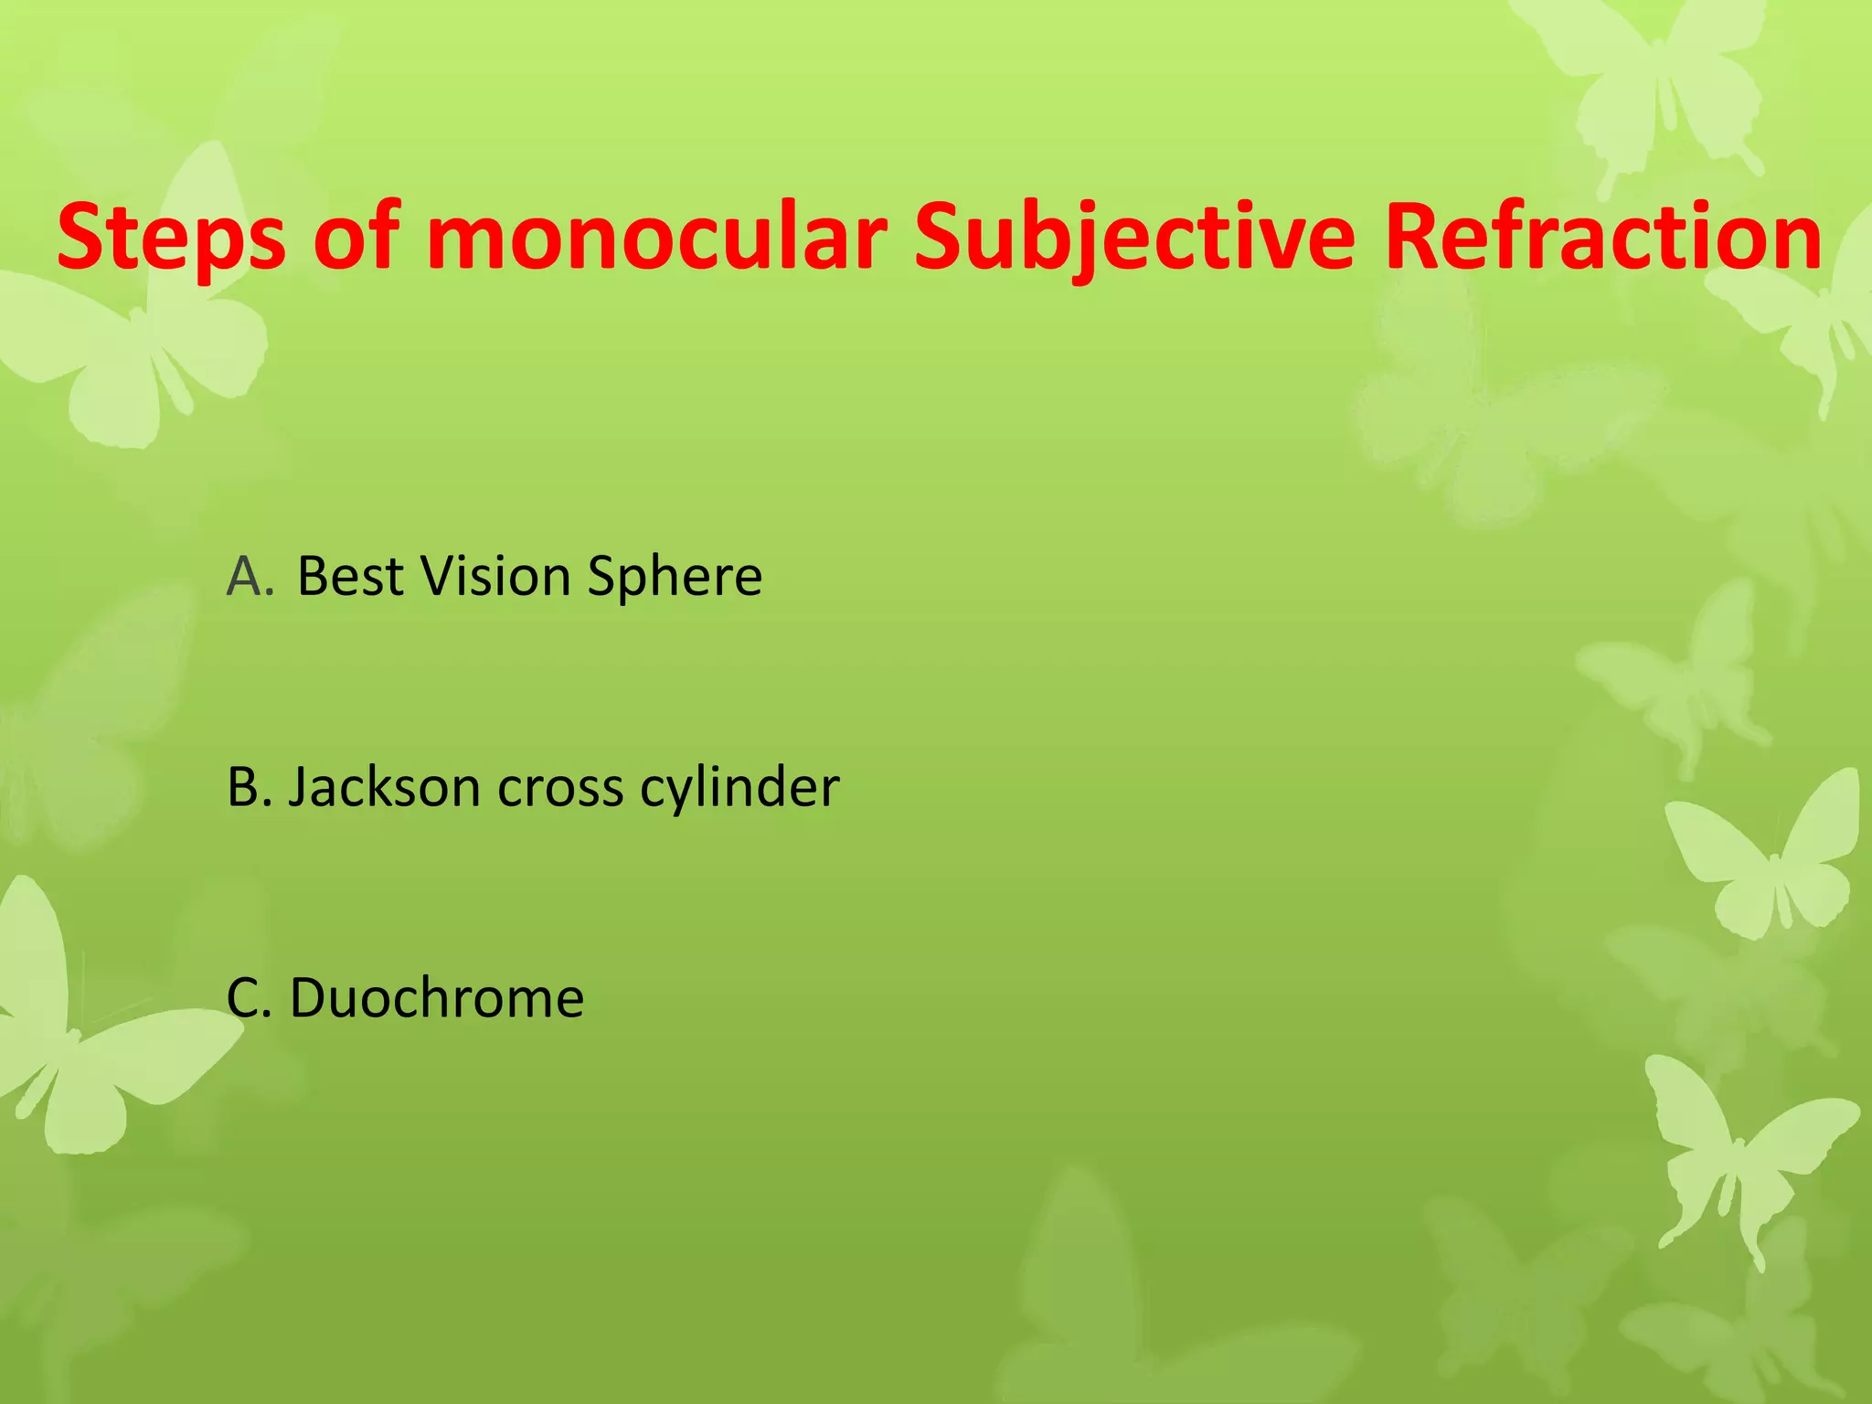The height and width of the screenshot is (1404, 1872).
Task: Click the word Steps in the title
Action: point(171,239)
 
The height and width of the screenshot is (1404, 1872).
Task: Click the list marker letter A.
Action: point(249,577)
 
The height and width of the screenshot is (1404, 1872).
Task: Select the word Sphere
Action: point(675,577)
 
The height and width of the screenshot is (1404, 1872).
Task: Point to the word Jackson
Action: point(384,787)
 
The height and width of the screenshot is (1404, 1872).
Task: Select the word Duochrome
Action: point(437,997)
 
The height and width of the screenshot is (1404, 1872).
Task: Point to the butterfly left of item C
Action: point(82,1033)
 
